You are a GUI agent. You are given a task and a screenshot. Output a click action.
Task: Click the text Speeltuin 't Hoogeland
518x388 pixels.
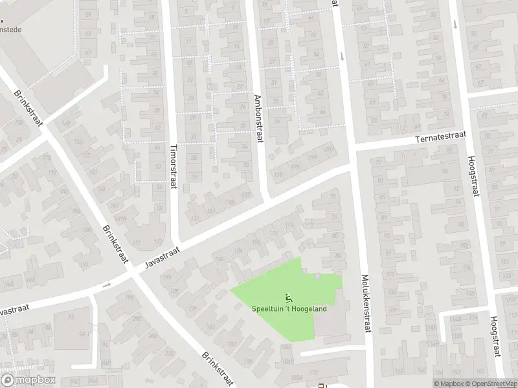(289, 308)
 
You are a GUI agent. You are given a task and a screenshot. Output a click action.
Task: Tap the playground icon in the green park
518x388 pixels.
(289, 298)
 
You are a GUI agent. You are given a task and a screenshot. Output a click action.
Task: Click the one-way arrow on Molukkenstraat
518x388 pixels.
(342, 55)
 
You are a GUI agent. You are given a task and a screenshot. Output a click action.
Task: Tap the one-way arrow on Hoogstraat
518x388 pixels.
(455, 25)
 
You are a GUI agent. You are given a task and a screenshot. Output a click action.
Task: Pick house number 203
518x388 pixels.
(330, 150)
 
